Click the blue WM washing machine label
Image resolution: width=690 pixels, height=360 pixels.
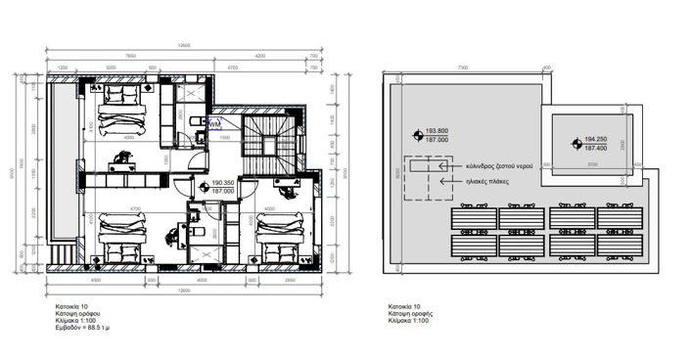215,125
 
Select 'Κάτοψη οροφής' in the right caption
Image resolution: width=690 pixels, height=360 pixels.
411,314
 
